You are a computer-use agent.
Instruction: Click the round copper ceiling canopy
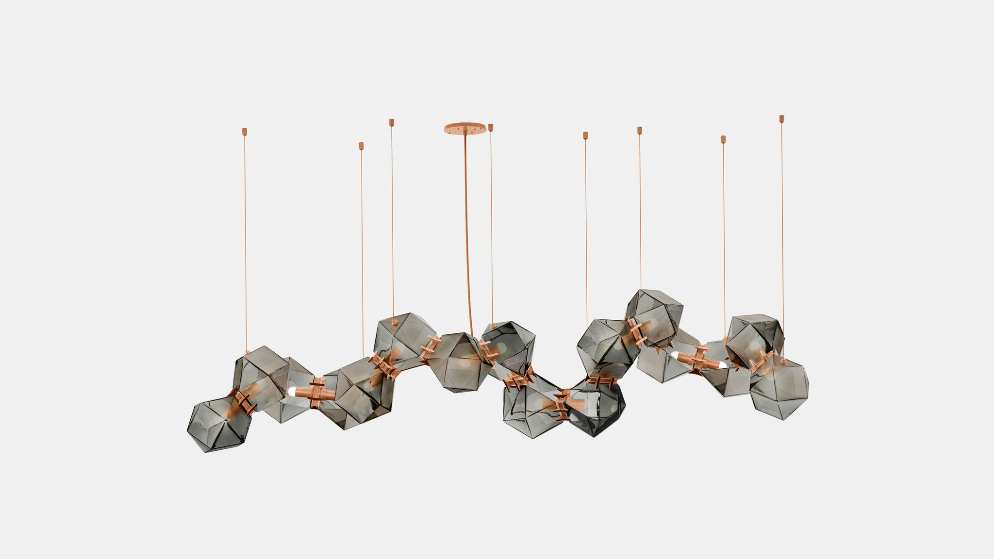click(465, 128)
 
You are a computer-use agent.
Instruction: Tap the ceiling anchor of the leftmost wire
click(245, 131)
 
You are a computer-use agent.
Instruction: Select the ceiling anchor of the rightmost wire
click(781, 118)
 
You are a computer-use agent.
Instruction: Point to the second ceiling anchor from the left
click(361, 146)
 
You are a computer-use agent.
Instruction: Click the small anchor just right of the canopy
click(491, 127)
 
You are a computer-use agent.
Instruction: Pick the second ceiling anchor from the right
click(723, 139)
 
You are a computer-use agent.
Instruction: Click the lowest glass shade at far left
click(218, 424)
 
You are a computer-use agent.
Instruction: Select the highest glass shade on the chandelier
click(654, 315)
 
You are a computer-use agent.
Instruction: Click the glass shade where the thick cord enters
click(459, 362)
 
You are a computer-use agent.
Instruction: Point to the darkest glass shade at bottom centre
click(597, 408)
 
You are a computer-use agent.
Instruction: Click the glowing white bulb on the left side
click(293, 391)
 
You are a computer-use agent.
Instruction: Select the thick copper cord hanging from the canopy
click(467, 233)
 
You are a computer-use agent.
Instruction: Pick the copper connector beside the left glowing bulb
click(318, 392)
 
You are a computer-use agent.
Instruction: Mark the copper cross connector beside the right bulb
click(698, 359)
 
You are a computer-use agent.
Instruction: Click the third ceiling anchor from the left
click(391, 122)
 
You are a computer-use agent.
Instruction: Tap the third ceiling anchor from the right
click(640, 130)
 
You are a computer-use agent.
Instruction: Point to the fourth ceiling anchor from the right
click(585, 135)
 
